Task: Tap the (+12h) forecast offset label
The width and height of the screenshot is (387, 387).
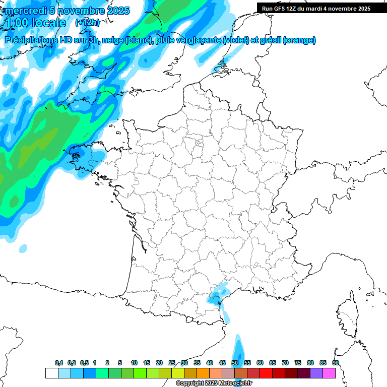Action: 87,23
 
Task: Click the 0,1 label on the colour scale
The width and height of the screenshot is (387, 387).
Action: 58,363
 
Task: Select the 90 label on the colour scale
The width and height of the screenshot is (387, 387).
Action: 336,363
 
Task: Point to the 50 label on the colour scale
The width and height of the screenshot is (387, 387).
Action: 235,363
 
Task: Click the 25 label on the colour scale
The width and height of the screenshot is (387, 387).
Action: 172,363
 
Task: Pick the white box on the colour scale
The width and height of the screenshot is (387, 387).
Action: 51,373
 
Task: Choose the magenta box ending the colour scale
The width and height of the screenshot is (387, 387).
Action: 329,373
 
